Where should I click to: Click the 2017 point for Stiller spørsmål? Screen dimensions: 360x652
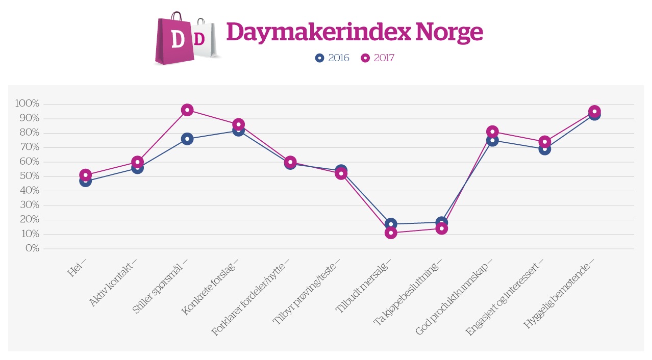point(187,110)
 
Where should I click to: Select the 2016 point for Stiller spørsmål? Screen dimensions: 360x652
point(187,139)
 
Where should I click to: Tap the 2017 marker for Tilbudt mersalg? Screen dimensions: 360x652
point(391,233)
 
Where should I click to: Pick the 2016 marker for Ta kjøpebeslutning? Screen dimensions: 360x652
point(442,222)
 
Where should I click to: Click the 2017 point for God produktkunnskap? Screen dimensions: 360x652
point(492,132)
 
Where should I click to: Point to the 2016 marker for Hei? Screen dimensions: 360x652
point(85,181)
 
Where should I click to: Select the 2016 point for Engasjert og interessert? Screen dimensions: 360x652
point(544,149)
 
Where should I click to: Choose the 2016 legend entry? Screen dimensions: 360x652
point(332,58)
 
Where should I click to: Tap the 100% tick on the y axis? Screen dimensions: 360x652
point(27,104)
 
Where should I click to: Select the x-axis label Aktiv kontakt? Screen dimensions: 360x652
point(113,285)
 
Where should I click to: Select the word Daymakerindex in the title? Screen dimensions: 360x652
point(318,33)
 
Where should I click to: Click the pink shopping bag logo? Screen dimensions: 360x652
point(174,40)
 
